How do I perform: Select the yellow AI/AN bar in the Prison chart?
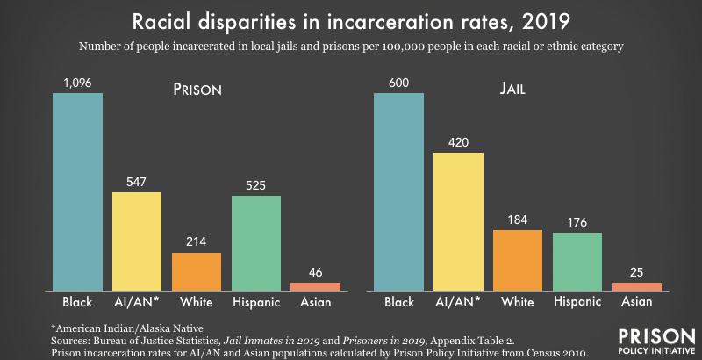point(137,241)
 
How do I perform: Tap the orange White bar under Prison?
point(197,271)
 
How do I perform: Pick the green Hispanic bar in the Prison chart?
point(255,243)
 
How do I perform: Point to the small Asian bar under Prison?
point(315,286)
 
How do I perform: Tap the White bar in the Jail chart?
point(518,260)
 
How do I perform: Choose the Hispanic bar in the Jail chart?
point(577,262)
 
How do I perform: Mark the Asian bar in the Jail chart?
point(636,286)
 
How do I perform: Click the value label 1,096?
point(77,83)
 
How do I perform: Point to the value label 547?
point(136,182)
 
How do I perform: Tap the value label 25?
point(636,273)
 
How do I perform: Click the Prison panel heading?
point(196,90)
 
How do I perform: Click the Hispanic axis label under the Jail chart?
point(577,303)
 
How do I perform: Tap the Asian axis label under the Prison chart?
point(315,303)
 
